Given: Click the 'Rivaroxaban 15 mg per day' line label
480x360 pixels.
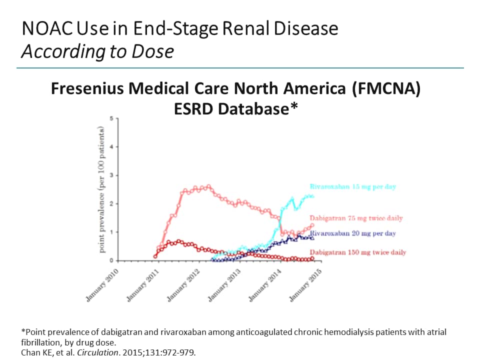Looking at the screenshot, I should coord(352,186).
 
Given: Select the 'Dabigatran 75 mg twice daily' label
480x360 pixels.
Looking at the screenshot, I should coord(356,218).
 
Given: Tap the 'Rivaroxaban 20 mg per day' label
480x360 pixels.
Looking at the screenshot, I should coord(353,233).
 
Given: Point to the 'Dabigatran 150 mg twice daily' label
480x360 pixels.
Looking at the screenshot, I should coord(357,252).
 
